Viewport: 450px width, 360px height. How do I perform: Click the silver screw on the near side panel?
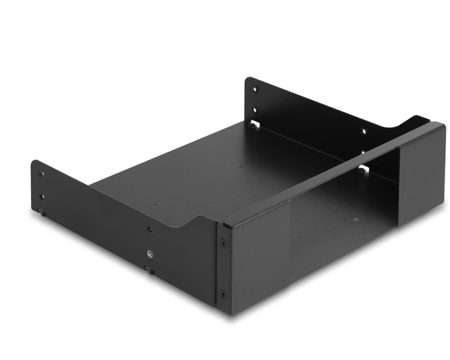(x=149, y=253)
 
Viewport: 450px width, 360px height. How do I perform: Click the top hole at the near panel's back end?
(x=41, y=174)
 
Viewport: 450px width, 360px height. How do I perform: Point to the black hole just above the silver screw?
(x=149, y=229)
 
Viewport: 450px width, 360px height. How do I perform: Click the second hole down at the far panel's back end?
(x=256, y=109)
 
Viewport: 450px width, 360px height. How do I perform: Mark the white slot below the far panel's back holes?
(x=255, y=123)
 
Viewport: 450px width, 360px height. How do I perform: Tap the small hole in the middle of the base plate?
(x=238, y=167)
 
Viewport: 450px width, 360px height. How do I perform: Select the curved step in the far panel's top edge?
(x=412, y=120)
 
